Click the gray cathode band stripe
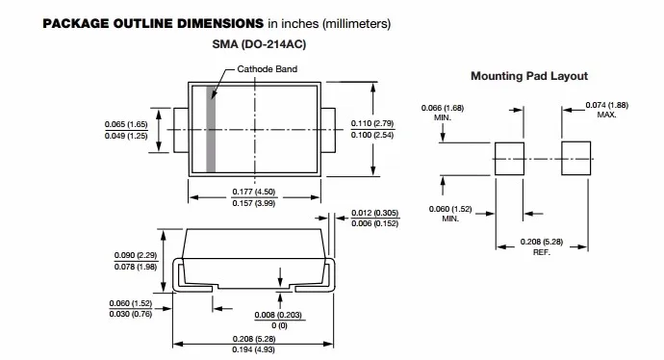click(211, 129)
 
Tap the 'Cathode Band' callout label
click(267, 69)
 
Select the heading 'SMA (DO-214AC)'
click(259, 44)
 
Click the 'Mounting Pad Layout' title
click(529, 76)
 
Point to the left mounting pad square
click(509, 159)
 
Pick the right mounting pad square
click(575, 159)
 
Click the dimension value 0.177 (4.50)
click(254, 192)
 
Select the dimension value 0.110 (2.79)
click(372, 123)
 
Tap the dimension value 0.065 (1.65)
click(126, 124)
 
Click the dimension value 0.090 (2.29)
click(136, 255)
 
